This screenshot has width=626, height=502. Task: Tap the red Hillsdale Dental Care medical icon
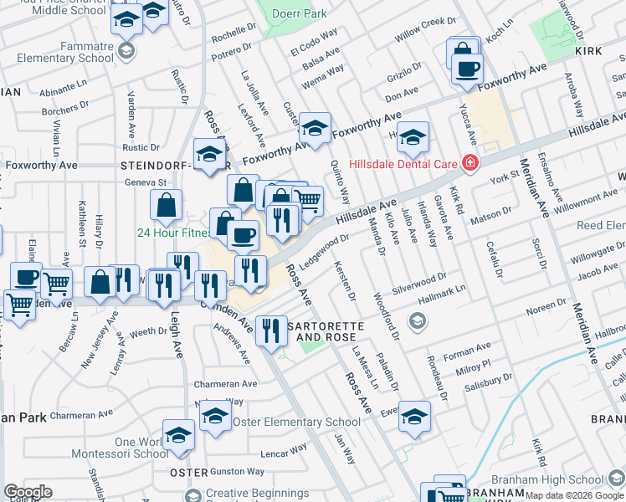point(470,162)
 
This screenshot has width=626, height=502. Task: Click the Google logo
point(27,492)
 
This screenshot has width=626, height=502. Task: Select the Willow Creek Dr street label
point(424,29)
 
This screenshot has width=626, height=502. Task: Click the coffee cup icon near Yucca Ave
point(467,69)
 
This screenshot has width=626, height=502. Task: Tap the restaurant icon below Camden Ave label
point(270,331)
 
